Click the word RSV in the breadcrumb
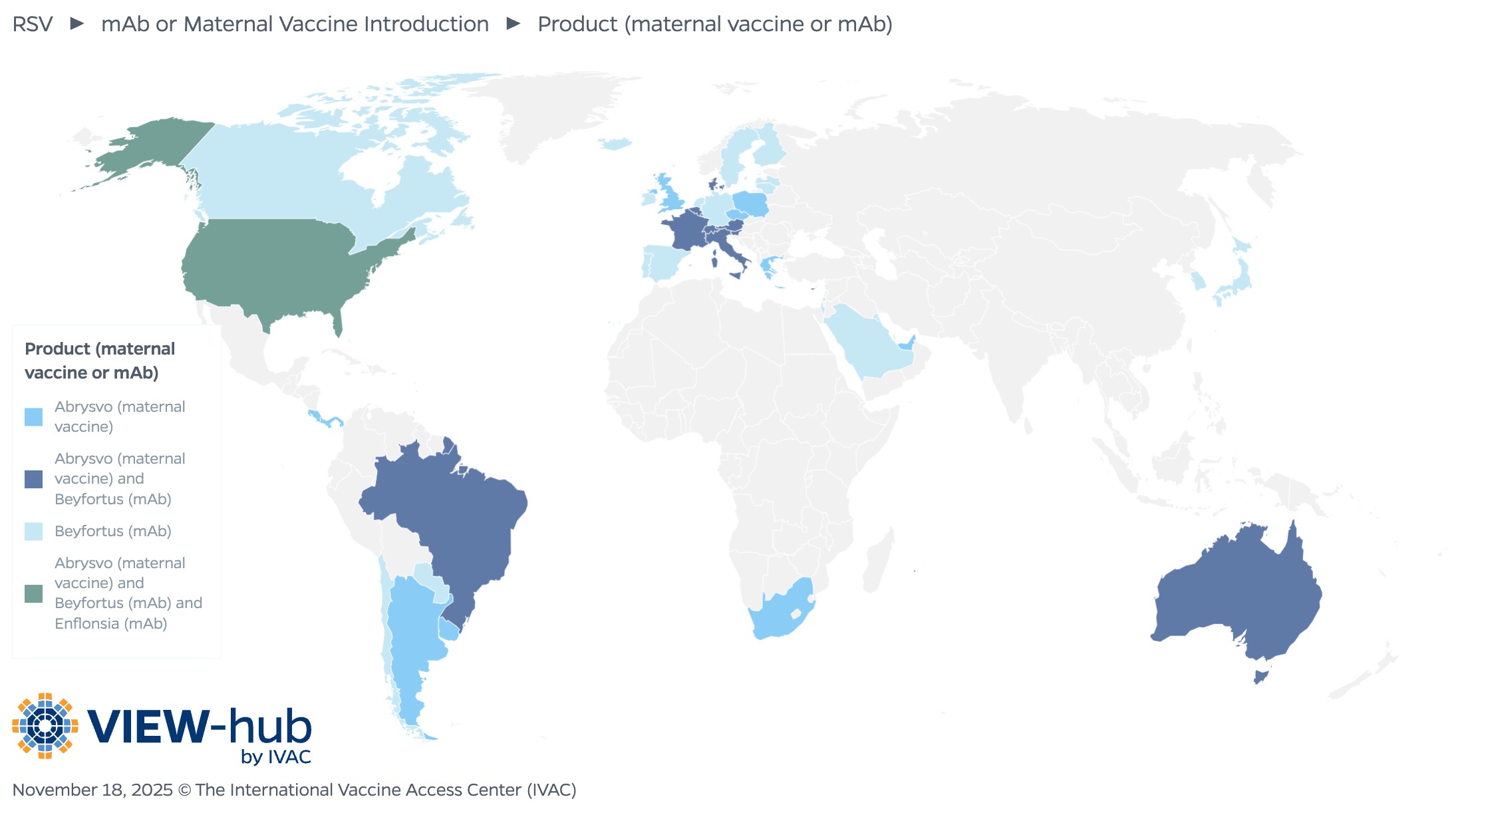click(x=32, y=25)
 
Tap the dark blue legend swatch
click(x=33, y=479)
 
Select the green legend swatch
click(x=33, y=593)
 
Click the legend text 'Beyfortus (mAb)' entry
click(x=112, y=531)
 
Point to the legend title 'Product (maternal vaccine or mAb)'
click(x=100, y=361)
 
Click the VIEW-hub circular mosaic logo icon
click(x=45, y=726)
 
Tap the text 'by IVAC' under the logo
click(x=275, y=757)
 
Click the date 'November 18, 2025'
click(x=92, y=790)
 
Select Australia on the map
click(x=1237, y=592)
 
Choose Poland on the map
click(x=751, y=202)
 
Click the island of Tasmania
click(x=1261, y=677)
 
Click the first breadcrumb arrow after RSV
click(x=77, y=24)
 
